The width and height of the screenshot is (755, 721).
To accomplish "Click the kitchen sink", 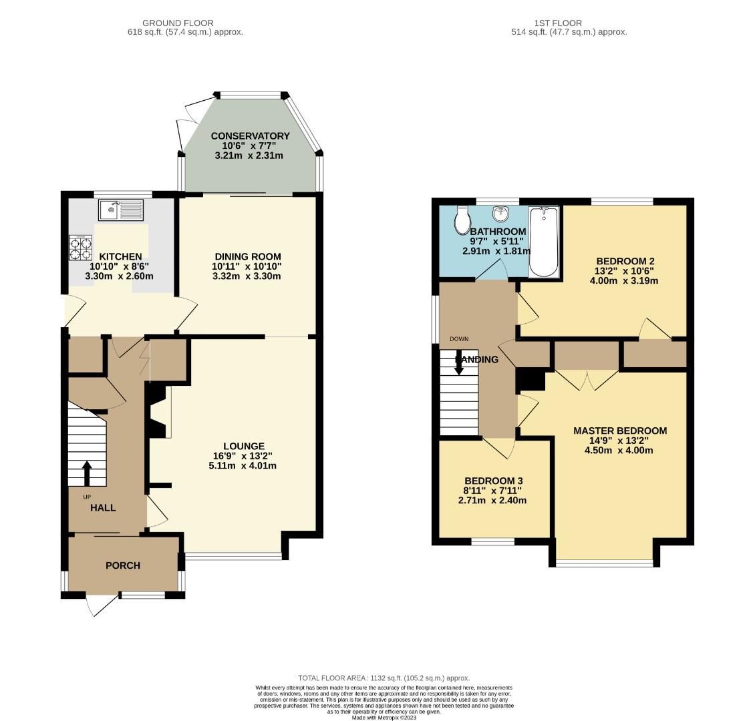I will [121, 210].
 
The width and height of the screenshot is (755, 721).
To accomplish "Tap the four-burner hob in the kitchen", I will [80, 248].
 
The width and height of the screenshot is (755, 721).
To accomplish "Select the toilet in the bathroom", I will [461, 220].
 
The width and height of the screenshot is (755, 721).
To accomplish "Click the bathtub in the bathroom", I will [543, 242].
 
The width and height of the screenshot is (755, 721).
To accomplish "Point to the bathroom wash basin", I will [500, 214].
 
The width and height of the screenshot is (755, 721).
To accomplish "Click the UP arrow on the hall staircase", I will [87, 473].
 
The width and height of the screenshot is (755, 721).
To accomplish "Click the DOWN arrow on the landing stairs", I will [459, 365].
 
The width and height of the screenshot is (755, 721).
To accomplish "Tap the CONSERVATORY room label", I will [250, 136].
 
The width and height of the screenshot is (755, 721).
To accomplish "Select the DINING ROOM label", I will [247, 256].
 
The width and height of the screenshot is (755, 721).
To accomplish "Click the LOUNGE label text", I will [243, 446].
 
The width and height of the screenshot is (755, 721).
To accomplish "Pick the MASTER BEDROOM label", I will [620, 431].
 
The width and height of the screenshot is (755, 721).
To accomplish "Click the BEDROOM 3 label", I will [493, 481].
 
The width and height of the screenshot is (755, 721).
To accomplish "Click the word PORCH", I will [123, 565].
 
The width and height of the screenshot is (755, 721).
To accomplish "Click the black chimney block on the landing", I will [532, 380].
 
